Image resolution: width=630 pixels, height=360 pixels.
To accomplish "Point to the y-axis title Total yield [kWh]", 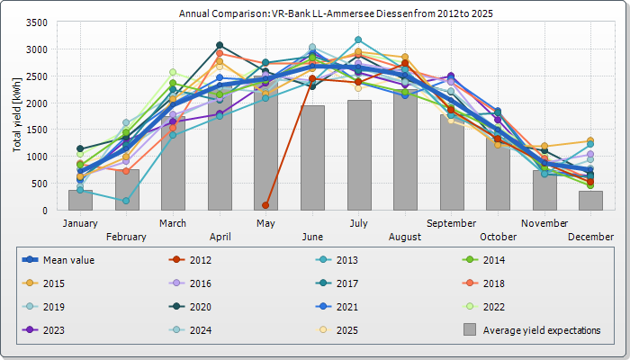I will (x=18, y=115).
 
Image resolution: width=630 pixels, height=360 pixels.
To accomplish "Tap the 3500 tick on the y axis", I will (x=37, y=22).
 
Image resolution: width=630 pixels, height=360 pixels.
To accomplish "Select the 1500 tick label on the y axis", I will (x=37, y=130).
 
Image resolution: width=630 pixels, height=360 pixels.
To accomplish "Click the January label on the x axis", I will (x=80, y=222).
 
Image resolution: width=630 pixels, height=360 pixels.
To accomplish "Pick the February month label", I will (x=127, y=237).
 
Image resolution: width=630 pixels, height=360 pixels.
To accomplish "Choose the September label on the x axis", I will (x=452, y=222).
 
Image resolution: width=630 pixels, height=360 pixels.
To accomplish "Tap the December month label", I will (x=590, y=237).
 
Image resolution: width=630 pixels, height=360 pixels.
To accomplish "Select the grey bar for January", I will (x=80, y=200).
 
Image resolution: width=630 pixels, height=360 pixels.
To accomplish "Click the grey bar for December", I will (x=590, y=201).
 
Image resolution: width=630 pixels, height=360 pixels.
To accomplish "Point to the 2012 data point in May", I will (x=265, y=205).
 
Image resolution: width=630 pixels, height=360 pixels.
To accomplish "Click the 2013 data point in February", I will (x=126, y=202).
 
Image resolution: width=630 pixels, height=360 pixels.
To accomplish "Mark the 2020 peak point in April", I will (x=220, y=45).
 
